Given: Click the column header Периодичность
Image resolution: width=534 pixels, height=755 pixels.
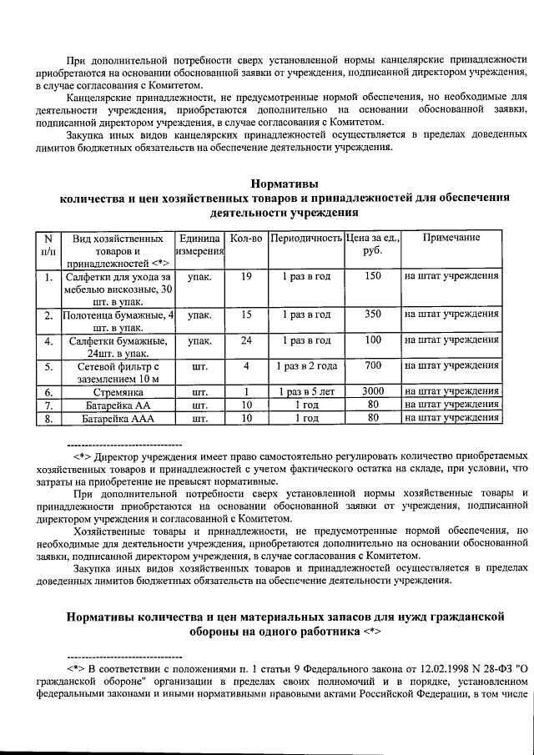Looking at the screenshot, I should point(306,239).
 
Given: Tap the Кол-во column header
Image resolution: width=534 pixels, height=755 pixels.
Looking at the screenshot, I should point(246,239).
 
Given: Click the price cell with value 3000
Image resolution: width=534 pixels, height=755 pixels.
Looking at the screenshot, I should point(373,391).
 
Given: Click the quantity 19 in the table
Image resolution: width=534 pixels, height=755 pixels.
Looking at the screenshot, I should point(246,276).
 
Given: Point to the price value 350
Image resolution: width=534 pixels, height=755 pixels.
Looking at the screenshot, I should point(373,315).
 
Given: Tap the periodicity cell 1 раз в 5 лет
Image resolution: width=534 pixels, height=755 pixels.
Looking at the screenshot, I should point(306,391).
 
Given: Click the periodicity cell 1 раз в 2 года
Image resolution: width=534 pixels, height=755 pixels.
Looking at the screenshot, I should point(306,365).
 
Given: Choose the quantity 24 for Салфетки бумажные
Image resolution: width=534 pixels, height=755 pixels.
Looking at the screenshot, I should point(246,340).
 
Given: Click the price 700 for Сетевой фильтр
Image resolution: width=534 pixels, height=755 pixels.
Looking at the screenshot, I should point(373,365).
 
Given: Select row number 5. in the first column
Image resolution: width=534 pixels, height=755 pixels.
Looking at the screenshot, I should point(49,366).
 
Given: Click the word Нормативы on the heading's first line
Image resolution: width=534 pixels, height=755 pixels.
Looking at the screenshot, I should point(285,183).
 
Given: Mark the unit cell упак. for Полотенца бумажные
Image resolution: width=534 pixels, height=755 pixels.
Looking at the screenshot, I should point(199,315).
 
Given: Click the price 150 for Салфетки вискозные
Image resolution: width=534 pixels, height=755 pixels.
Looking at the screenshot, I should point(373,276).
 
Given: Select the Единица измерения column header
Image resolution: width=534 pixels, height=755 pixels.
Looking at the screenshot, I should point(199,244).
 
